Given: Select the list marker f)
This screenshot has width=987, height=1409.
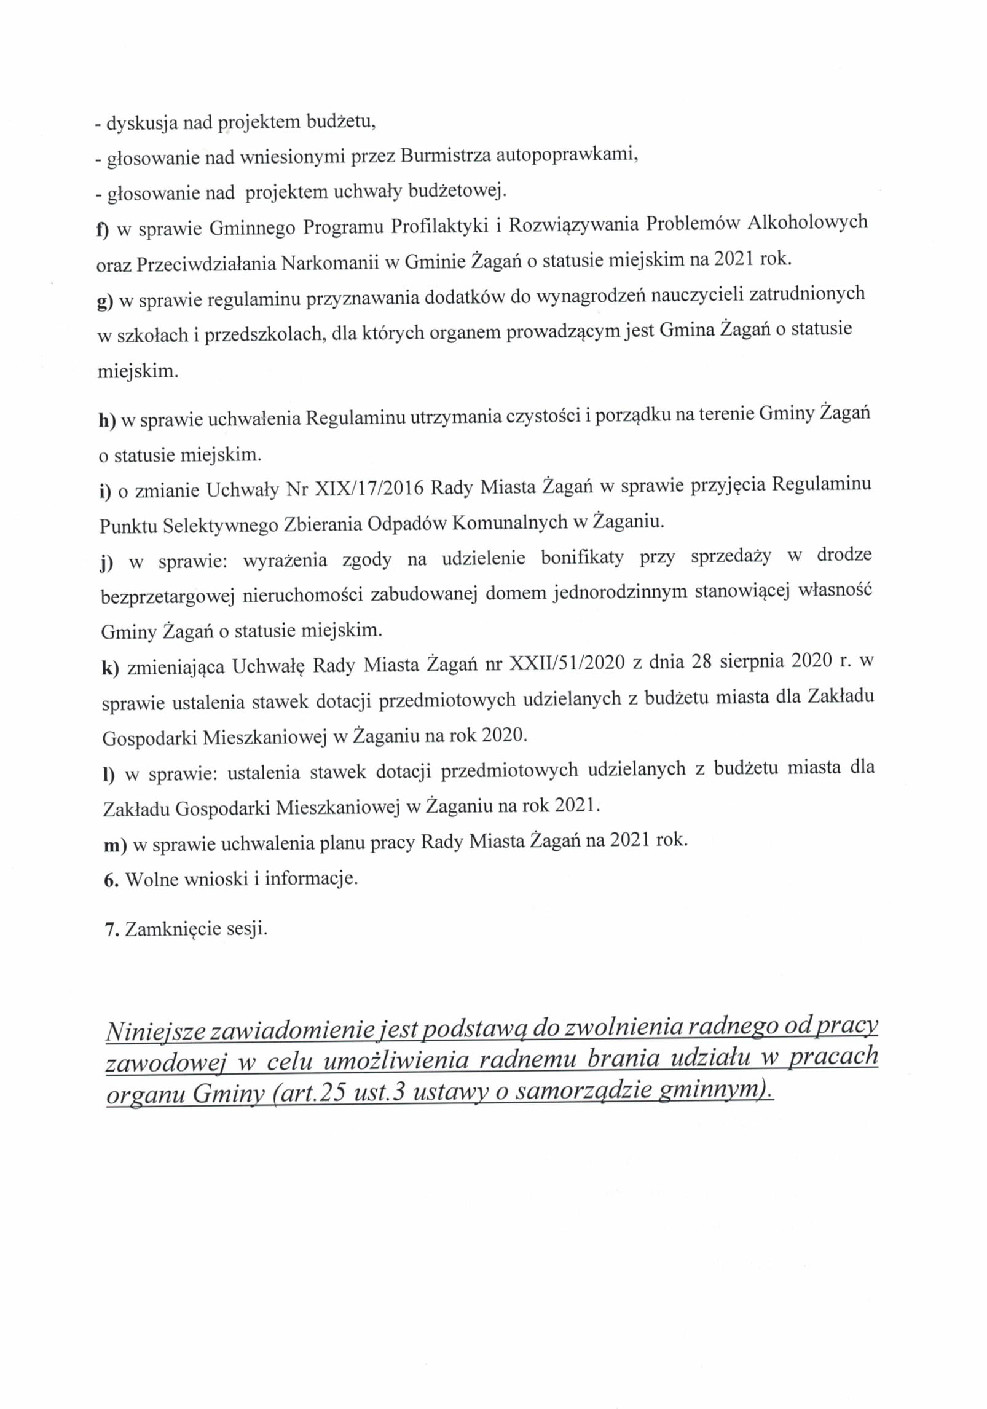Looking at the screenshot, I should [x=102, y=229].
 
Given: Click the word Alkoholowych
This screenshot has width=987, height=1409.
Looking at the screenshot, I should [x=807, y=222].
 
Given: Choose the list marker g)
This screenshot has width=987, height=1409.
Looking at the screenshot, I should [x=105, y=301].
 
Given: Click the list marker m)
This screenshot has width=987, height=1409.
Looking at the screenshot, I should [x=114, y=845].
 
